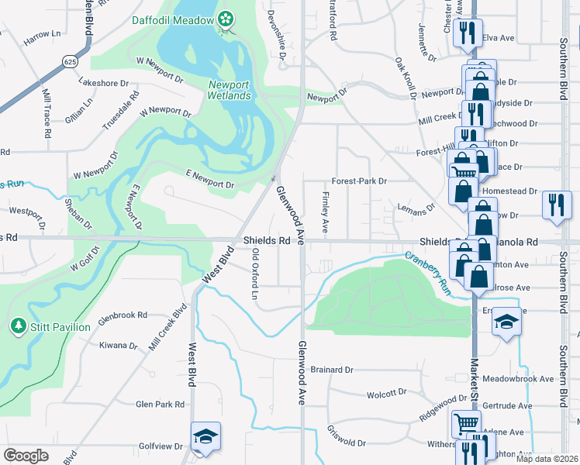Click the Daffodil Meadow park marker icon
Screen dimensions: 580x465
[x=226, y=19]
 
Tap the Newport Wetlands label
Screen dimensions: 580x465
[x=229, y=90]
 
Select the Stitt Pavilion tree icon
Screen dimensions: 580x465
[x=19, y=326]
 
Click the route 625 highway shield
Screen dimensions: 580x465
[x=71, y=60]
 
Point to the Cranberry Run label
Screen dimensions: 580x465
[x=428, y=270]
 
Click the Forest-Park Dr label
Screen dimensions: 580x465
[x=359, y=181]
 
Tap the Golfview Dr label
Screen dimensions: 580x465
[x=158, y=446]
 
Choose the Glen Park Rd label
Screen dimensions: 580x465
[x=161, y=404]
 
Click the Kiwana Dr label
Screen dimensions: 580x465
[x=118, y=346]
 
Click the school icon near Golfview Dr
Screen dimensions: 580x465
[x=205, y=436]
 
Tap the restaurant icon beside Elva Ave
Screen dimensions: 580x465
[x=468, y=32]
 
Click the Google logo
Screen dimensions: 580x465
[x=26, y=456]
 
